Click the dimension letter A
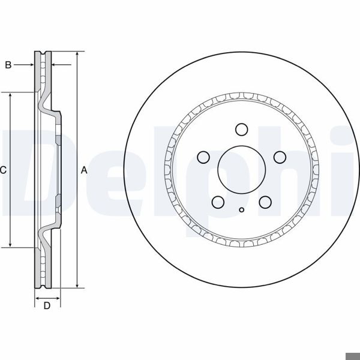(84, 170)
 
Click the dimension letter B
(8, 65)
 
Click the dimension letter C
(3, 170)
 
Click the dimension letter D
(47, 306)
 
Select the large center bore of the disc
(241, 169)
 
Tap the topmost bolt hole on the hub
(241, 130)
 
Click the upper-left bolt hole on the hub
(203, 157)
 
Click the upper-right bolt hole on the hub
(279, 157)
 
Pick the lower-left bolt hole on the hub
(218, 202)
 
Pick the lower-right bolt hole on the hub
(265, 202)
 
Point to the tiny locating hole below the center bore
(241, 209)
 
